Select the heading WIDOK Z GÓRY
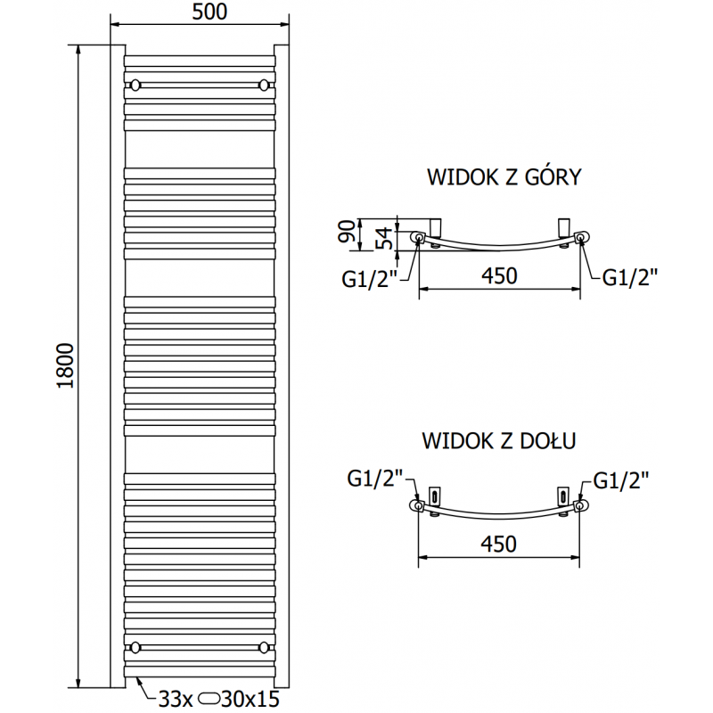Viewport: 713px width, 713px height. point(504,176)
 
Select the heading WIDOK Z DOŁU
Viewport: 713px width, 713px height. point(499,439)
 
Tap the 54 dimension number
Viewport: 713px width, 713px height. point(381,237)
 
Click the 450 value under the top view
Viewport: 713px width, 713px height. point(499,275)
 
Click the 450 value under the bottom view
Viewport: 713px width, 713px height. point(499,544)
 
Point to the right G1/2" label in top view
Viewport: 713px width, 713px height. point(630,278)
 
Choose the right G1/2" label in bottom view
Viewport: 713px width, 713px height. point(621,480)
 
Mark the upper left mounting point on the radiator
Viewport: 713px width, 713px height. point(135,86)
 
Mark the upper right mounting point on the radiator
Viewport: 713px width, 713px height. point(263,86)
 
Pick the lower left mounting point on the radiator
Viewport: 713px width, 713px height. point(135,647)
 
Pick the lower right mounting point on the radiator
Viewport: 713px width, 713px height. point(263,647)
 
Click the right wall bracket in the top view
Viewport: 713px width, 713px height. point(563,225)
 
